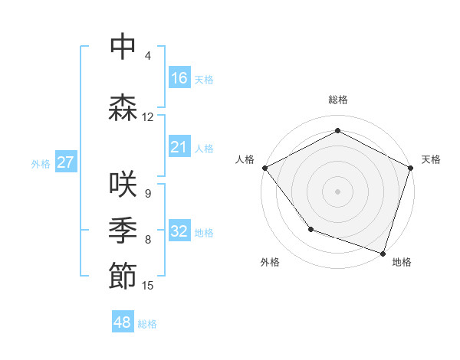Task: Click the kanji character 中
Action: [123, 47]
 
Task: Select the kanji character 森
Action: [123, 108]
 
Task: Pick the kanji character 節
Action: [123, 277]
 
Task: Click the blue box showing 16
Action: [179, 78]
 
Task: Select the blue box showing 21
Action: [179, 147]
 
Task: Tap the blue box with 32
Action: [179, 231]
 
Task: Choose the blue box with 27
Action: [65, 162]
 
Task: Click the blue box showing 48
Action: [123, 322]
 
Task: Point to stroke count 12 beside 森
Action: [148, 117]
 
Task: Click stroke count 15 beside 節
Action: [148, 286]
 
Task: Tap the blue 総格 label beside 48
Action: [147, 324]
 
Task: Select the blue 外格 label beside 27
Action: [41, 164]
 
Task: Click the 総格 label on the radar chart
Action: [337, 100]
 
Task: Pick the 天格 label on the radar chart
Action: [431, 159]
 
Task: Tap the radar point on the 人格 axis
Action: [264, 168]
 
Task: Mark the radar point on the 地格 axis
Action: [383, 253]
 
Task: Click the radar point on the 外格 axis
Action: [310, 228]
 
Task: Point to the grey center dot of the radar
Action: [337, 191]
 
